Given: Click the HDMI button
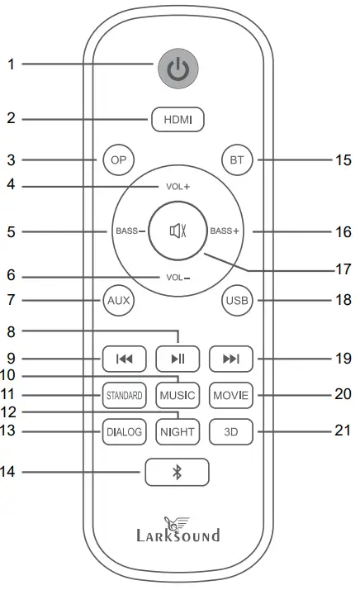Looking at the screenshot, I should [x=178, y=120].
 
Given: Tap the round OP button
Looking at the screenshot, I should [x=118, y=159].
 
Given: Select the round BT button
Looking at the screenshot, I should [x=237, y=159].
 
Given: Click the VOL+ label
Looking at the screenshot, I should [x=178, y=187].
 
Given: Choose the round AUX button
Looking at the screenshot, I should [x=118, y=299].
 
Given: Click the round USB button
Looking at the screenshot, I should [x=237, y=299].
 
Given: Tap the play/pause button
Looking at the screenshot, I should [x=178, y=359].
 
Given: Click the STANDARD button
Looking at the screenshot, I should [x=124, y=395].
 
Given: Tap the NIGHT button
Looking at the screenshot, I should [x=178, y=431].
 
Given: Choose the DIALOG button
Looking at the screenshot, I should [x=124, y=431].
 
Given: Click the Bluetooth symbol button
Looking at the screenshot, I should [x=177, y=472].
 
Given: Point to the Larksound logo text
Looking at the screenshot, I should [x=178, y=535].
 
